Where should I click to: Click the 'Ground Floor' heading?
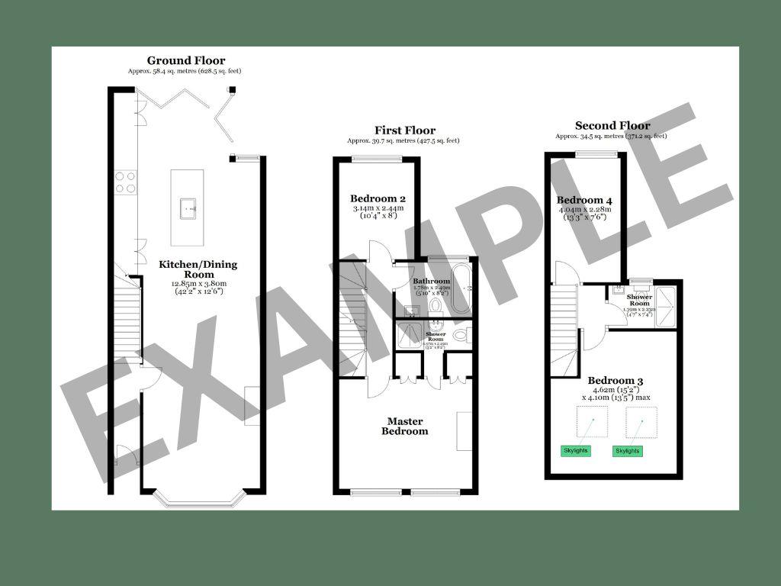(186, 61)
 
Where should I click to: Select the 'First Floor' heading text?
(404, 130)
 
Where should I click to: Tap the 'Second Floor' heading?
(612, 126)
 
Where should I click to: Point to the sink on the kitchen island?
(188, 208)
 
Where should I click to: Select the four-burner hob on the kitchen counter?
(126, 182)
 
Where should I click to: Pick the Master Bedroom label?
(405, 426)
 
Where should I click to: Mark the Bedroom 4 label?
(585, 201)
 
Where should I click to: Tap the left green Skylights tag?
(575, 451)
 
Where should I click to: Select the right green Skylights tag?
(628, 451)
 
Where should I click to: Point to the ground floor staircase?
(127, 320)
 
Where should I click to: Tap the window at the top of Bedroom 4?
(596, 155)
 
